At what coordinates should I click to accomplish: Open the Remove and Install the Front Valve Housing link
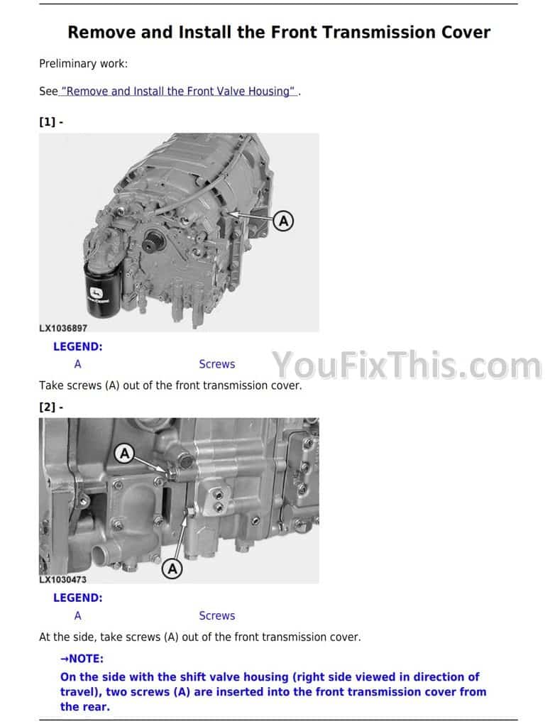(178, 91)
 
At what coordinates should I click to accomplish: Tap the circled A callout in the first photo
(283, 221)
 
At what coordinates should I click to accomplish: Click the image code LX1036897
(63, 329)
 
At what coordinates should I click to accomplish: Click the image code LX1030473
(62, 579)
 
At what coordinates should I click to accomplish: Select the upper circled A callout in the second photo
(125, 454)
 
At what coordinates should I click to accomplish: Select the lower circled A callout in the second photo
(172, 569)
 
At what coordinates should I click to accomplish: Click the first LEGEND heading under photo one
(77, 347)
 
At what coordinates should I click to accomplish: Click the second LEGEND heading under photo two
(77, 598)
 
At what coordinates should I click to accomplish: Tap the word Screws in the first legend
(217, 364)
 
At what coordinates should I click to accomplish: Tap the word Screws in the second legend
(217, 616)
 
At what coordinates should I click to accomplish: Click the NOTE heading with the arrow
(82, 659)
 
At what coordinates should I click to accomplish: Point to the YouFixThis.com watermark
(407, 365)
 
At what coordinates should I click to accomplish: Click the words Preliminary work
(83, 64)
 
